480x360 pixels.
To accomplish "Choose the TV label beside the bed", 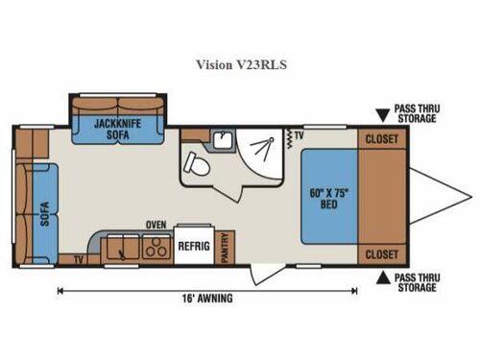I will pos(300,137).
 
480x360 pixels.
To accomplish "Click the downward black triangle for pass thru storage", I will pos(381,116).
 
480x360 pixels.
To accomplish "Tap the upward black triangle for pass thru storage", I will pos(381,277).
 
